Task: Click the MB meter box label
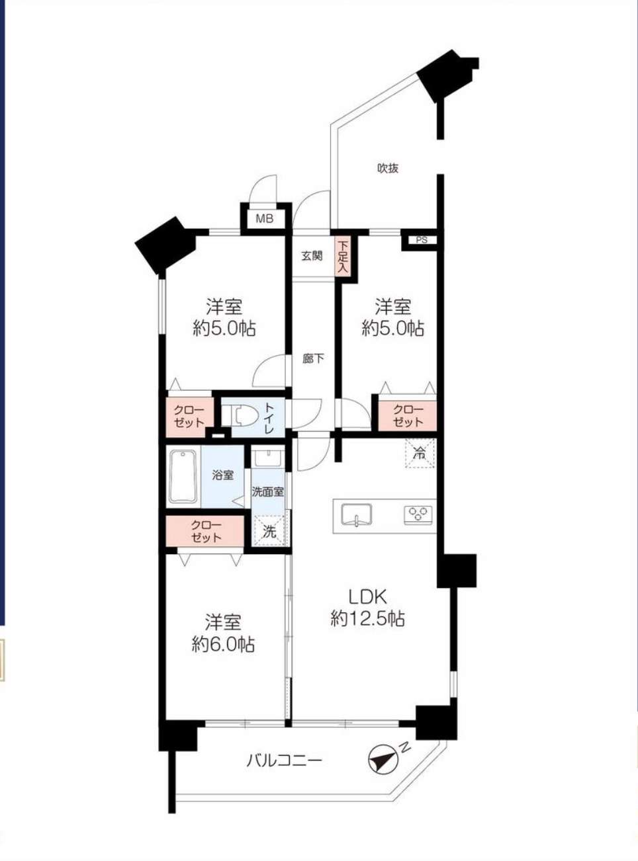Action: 264,219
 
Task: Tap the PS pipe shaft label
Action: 422,240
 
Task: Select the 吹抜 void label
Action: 388,168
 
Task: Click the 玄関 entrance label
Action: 312,255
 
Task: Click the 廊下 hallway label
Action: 313,358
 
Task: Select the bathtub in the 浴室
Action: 183,476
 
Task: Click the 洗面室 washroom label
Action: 268,491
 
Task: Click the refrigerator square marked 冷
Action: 420,454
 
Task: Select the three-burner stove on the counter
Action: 418,514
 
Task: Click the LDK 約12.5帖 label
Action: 367,607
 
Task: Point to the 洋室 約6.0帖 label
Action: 223,633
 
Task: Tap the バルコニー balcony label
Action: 285,760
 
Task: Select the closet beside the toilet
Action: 189,416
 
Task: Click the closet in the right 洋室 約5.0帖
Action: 408,415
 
